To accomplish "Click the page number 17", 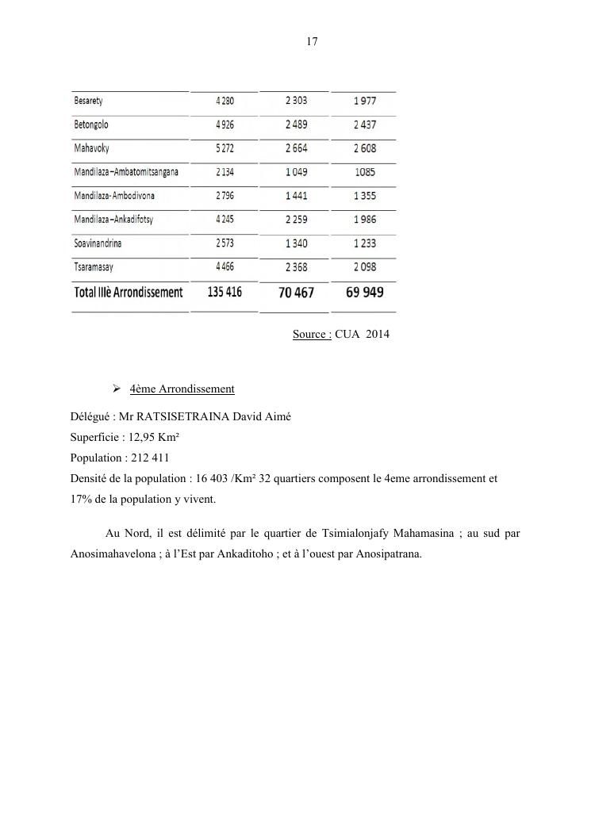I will click(312, 42).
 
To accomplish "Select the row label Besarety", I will click(88, 102).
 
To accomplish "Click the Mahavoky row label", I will click(91, 148).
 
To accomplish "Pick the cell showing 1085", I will click(366, 172).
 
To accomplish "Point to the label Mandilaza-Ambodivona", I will click(114, 195).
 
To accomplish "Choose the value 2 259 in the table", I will click(296, 220).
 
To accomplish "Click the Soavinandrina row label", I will click(98, 243).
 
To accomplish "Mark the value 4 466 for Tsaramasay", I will click(225, 266).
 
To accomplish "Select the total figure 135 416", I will click(225, 292).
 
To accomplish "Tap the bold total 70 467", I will click(296, 293).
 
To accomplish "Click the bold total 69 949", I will click(365, 293).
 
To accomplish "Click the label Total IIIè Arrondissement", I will click(129, 293).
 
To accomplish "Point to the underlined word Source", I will click(311, 335).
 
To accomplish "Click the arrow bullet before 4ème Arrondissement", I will click(116, 389).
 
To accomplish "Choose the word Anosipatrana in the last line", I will click(388, 555).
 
